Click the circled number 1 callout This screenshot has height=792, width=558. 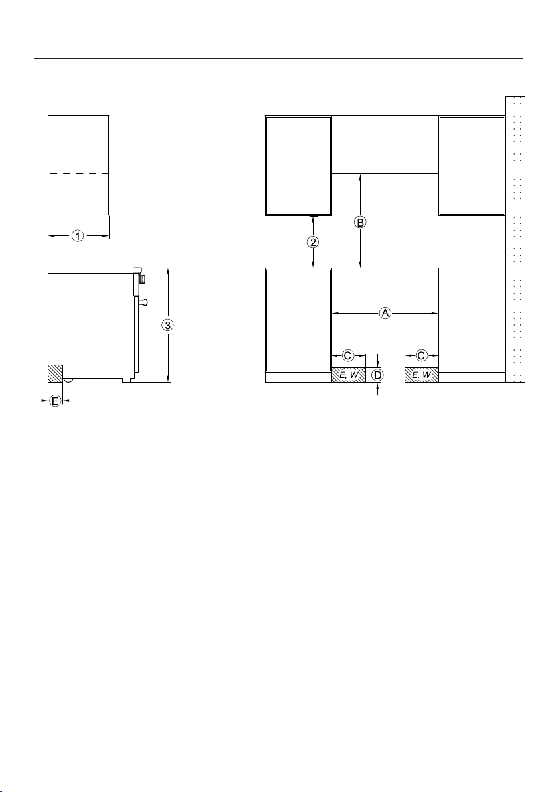tap(77, 235)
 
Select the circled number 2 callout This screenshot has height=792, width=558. tap(314, 242)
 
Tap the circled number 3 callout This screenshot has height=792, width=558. tap(169, 324)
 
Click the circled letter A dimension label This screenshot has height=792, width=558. tap(385, 314)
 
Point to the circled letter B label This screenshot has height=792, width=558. tap(360, 222)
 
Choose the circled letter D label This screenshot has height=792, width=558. tap(378, 375)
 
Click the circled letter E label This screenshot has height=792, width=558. tap(55, 401)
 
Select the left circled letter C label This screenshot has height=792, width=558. tap(349, 356)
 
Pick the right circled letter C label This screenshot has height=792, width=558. tap(422, 356)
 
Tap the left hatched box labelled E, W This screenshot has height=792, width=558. tap(349, 375)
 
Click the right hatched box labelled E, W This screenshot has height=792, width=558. tap(422, 375)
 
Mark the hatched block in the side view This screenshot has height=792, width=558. tap(56, 373)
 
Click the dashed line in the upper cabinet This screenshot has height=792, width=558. tap(79, 174)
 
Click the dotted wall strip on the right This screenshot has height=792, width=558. tap(515, 239)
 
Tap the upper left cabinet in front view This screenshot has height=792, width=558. tap(298, 165)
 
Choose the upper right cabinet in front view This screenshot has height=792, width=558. tap(472, 165)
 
